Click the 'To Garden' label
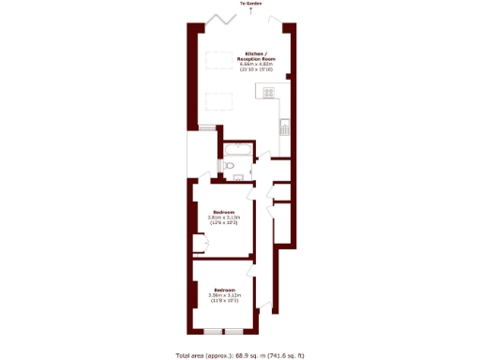250,4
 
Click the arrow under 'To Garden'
250,10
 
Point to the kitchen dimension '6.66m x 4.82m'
255,64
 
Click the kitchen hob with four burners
270,92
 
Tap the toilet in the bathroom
230,167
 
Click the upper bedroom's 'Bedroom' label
223,211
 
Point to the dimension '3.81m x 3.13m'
223,217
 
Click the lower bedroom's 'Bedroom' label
223,289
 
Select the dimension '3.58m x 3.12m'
223,294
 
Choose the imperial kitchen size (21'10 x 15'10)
255,69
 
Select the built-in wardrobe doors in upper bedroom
196,246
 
